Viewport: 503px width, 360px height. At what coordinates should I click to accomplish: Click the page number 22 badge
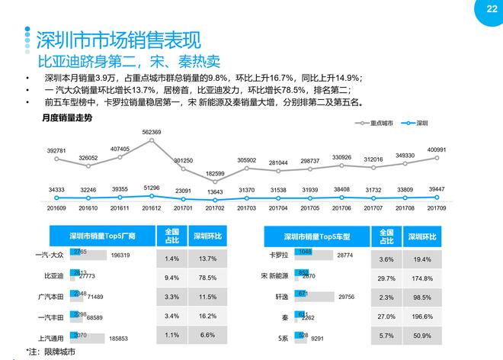click(480, 10)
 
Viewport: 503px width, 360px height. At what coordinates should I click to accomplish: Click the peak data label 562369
click(151, 132)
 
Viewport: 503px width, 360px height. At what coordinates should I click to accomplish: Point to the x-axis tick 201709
click(435, 207)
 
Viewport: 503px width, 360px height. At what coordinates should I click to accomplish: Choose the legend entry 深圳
click(418, 122)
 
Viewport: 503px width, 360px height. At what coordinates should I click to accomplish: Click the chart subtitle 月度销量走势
click(67, 118)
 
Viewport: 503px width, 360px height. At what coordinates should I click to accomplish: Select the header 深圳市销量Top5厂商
click(101, 236)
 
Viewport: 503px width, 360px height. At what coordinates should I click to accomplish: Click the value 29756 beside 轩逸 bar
click(344, 295)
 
